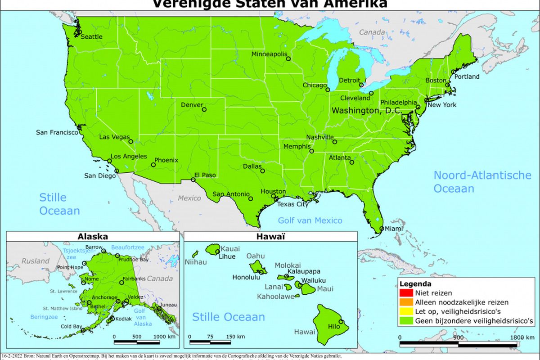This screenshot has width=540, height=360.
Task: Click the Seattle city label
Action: [x=92, y=37]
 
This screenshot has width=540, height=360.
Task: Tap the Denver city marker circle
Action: [x=204, y=109]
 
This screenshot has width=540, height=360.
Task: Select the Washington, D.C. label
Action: [x=366, y=110]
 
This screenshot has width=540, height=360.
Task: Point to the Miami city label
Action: [x=394, y=229]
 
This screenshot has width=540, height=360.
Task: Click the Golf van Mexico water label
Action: [x=310, y=220]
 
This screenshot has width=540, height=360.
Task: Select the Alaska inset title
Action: [x=93, y=236]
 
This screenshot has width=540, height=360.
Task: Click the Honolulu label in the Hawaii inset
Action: [x=246, y=277]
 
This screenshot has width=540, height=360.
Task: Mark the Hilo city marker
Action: [x=341, y=322]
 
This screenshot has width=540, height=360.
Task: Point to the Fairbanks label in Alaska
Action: [x=134, y=279]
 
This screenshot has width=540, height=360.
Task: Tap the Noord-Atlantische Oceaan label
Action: [x=482, y=182]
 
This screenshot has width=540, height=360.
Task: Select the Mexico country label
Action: [x=189, y=198]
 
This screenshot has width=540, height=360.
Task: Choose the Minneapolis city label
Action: [x=269, y=54]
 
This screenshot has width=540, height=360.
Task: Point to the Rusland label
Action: [x=36, y=261]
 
